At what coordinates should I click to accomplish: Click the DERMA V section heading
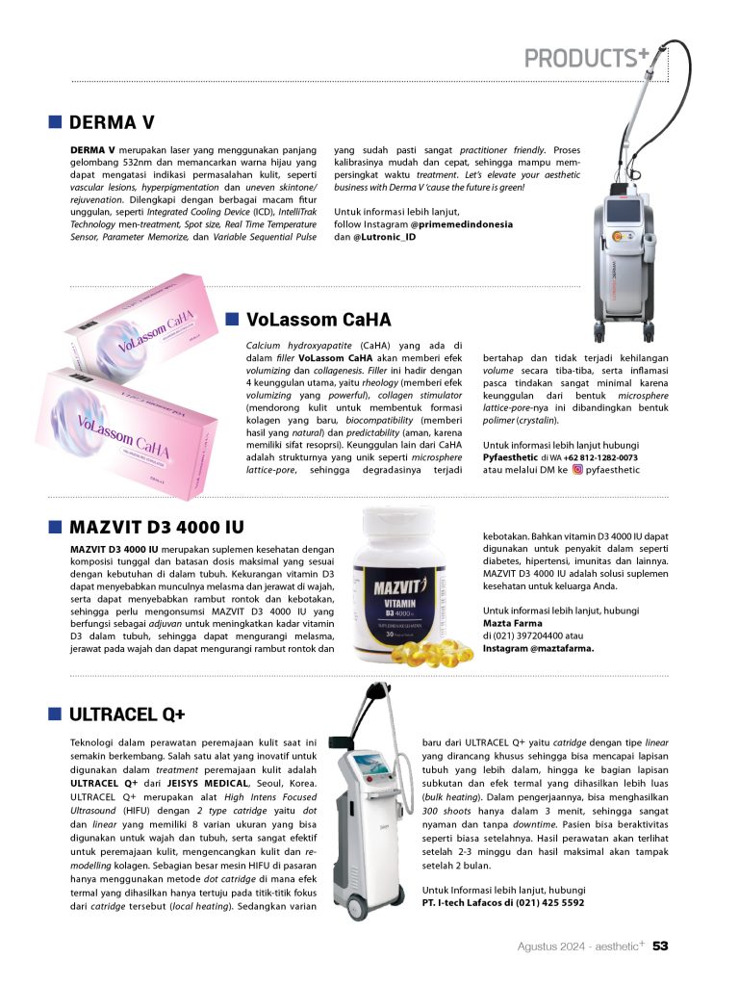tap(112, 123)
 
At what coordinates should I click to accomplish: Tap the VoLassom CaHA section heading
tap(319, 319)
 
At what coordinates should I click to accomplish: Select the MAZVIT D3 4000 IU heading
tap(157, 527)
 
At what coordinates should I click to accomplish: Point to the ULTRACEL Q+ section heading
tap(127, 714)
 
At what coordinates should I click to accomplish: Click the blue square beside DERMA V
tap(56, 123)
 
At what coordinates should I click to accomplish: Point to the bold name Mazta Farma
tap(511, 624)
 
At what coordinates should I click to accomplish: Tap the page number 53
tap(660, 946)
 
